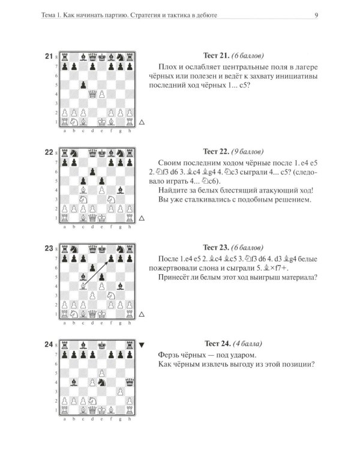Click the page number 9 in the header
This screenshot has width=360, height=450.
(x=316, y=15)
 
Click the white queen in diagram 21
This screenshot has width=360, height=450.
(x=92, y=94)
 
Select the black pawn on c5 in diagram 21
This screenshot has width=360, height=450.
(x=83, y=85)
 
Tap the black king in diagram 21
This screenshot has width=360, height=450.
(x=102, y=58)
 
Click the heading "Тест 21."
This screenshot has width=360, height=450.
(x=216, y=55)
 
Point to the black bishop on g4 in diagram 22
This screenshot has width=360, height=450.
(x=120, y=190)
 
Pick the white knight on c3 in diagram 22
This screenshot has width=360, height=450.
(x=83, y=199)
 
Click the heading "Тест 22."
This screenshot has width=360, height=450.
(x=216, y=151)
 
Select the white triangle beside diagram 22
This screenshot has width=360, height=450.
(x=141, y=218)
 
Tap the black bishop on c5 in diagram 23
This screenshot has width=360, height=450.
(x=83, y=277)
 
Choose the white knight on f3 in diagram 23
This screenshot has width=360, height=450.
(x=111, y=295)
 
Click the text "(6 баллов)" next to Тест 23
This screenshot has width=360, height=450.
(x=247, y=247)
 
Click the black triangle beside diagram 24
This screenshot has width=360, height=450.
(x=141, y=344)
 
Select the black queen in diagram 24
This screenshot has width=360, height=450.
(x=130, y=382)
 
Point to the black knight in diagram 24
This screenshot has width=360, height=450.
(x=102, y=382)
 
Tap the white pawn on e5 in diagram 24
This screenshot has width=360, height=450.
(x=102, y=373)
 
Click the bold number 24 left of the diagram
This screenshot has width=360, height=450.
(x=49, y=344)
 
